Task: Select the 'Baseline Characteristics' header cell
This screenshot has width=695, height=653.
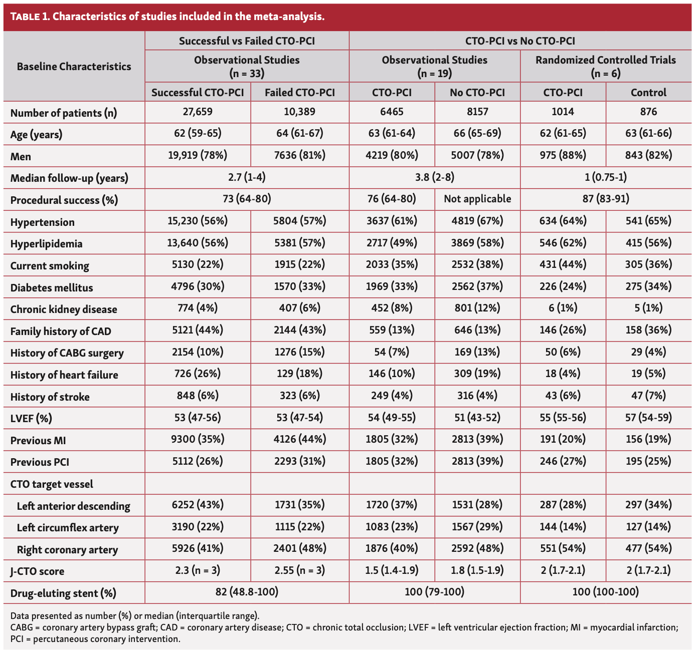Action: (74, 67)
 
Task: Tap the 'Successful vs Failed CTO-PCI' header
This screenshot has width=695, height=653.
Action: (247, 41)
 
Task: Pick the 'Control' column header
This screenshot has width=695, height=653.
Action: (648, 93)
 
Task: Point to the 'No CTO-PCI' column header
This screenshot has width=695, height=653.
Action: (477, 93)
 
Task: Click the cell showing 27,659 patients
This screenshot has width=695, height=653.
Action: (198, 112)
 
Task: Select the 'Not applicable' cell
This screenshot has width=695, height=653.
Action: (477, 199)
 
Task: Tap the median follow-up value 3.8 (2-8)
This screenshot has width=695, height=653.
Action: (434, 177)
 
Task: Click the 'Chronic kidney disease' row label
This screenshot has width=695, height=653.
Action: (64, 309)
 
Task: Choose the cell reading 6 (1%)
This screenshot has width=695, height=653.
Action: (563, 308)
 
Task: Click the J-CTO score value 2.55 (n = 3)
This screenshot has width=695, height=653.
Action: (299, 570)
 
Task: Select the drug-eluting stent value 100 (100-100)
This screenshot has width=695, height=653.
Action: (605, 592)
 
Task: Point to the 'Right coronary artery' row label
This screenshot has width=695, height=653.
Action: (67, 550)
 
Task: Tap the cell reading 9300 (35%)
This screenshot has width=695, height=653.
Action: (198, 440)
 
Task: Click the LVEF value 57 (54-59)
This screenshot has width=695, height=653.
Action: (648, 418)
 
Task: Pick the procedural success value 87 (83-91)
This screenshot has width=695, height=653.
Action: (605, 199)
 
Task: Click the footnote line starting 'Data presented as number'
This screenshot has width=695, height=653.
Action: (134, 616)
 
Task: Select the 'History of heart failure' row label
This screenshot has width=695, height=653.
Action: (64, 375)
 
